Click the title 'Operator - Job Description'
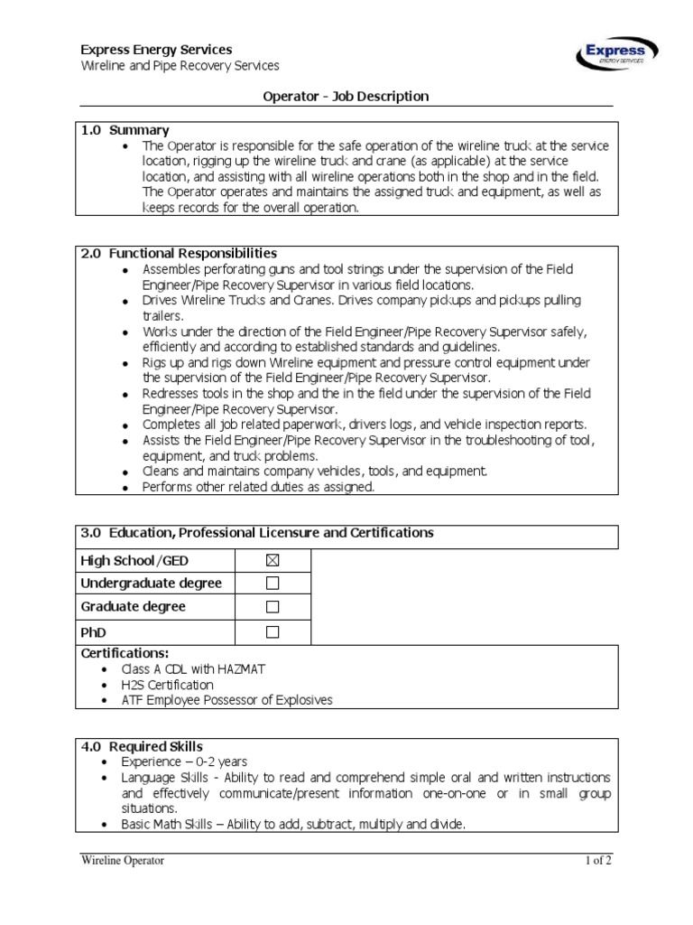(346, 96)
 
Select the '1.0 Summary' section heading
(125, 130)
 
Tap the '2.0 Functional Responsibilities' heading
(179, 253)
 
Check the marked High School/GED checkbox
(273, 561)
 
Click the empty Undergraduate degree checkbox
(273, 584)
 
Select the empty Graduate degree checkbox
(273, 607)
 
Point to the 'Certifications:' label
(125, 653)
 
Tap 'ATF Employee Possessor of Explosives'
(237, 700)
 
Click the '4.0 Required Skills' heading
(142, 746)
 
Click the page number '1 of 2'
(597, 861)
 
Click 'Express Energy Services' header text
(156, 50)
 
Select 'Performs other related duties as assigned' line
(258, 487)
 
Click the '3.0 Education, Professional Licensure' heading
(257, 533)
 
